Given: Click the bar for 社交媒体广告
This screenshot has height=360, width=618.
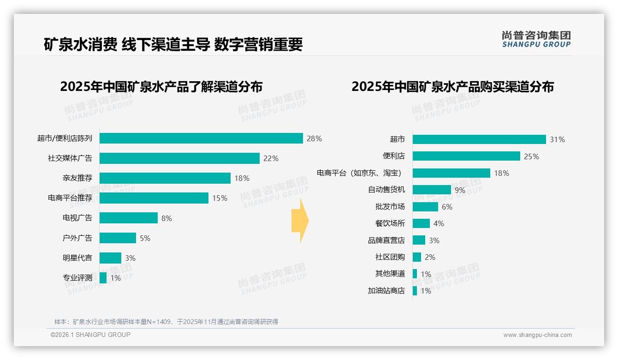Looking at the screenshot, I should click(x=179, y=158).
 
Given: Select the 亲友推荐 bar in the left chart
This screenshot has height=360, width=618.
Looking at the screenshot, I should click(x=165, y=178).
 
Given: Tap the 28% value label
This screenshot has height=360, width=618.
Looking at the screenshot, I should click(x=314, y=138).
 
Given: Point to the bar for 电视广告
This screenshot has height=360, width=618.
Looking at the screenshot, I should click(x=129, y=218).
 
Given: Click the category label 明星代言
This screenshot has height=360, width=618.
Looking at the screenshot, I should click(x=77, y=258).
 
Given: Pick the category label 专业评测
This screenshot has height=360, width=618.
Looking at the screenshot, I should click(x=77, y=278).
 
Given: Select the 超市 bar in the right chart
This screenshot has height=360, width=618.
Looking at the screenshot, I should click(x=479, y=139).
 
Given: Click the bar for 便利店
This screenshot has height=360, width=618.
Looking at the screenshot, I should click(x=466, y=156).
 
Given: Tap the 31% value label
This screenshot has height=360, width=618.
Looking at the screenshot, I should click(x=557, y=139).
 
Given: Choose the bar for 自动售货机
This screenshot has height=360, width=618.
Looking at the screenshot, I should click(x=432, y=190).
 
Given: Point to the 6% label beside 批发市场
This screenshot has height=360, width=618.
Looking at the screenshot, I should click(x=447, y=207).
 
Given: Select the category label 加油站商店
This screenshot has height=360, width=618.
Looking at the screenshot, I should click(x=386, y=291).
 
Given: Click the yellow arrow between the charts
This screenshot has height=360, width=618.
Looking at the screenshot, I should click(x=300, y=221).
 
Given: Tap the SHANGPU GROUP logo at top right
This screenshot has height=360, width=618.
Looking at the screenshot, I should click(x=536, y=39).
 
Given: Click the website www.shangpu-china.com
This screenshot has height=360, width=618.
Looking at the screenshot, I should click(x=537, y=335).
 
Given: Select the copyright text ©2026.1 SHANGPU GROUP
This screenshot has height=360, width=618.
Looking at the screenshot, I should click(x=90, y=335).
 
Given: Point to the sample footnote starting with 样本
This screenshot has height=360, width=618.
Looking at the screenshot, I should click(x=166, y=322).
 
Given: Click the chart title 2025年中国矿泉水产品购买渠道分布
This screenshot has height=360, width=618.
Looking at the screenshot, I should click(x=452, y=87).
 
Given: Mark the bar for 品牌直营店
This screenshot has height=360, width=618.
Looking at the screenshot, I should click(x=419, y=240).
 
